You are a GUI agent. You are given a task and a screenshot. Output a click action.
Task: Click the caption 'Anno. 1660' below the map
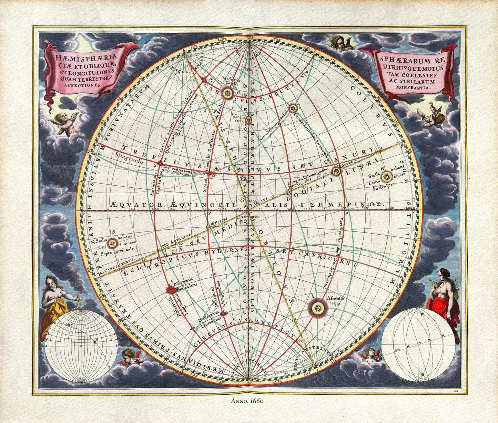(248, 401)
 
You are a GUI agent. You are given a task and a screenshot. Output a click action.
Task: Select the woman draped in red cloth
(441, 296)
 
